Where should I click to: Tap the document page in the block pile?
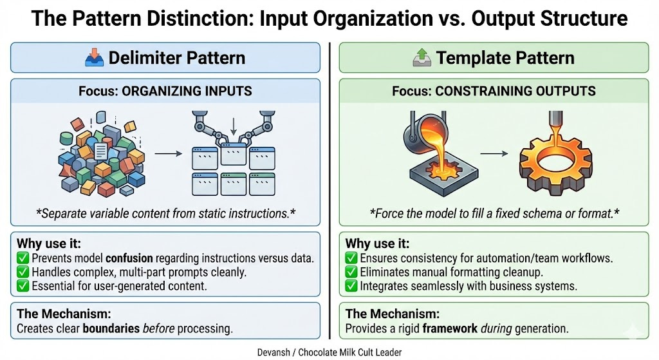click(x=100, y=153)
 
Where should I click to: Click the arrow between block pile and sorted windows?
click(x=166, y=155)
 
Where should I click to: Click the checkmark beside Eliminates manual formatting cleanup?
click(x=351, y=272)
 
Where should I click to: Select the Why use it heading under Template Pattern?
click(x=377, y=244)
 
